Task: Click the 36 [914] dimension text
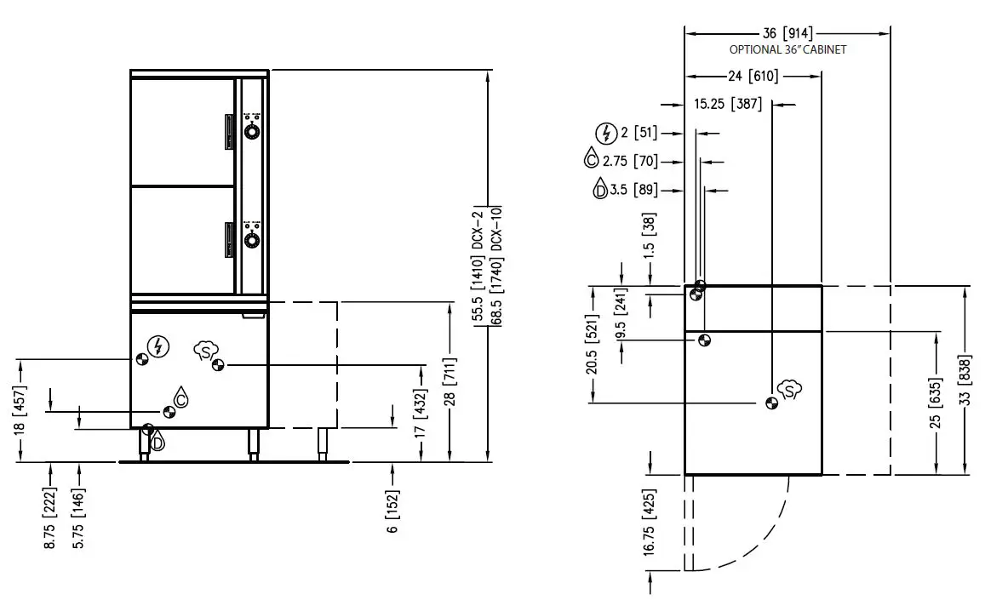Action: (x=787, y=34)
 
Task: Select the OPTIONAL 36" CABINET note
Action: (x=787, y=50)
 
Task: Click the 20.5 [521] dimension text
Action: (x=593, y=345)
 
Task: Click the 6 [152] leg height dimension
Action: (x=393, y=511)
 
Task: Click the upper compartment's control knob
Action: (x=252, y=131)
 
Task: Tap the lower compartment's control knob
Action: (x=252, y=240)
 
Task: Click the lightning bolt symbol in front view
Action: (x=157, y=346)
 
